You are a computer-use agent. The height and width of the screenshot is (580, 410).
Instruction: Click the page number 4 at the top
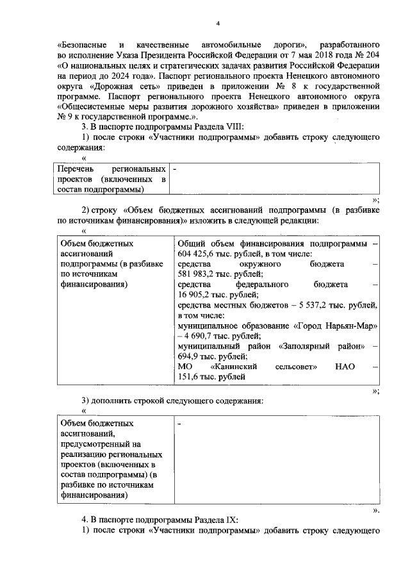coord(218,24)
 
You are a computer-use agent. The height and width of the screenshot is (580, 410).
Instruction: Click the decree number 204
coord(371,56)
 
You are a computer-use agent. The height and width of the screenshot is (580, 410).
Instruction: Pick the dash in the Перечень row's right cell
coord(176,169)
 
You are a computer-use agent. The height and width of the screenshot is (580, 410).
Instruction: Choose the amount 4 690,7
coord(204,335)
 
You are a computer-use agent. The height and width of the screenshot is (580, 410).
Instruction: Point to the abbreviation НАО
coord(344,366)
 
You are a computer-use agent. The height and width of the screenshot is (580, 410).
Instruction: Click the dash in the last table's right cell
coord(179,424)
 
